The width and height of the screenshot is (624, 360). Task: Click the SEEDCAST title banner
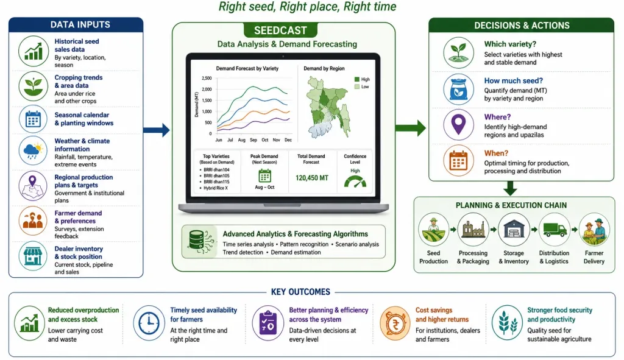click(x=280, y=30)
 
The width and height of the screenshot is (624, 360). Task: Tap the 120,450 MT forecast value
click(x=312, y=178)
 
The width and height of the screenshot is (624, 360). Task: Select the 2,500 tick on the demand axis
click(x=207, y=79)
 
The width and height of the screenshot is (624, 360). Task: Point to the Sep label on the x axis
click(x=253, y=140)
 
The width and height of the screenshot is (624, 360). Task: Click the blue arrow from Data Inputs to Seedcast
click(x=157, y=130)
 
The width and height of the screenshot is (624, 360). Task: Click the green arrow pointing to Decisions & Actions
click(x=410, y=128)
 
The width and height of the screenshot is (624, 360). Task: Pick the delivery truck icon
click(x=555, y=229)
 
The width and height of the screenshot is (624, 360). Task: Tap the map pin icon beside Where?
click(x=459, y=124)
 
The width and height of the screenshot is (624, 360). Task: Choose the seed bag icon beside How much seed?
click(x=459, y=89)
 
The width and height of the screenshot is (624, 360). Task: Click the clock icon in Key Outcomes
click(x=149, y=323)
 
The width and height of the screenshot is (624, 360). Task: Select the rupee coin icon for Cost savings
click(x=395, y=323)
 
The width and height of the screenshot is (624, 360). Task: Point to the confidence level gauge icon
click(x=355, y=183)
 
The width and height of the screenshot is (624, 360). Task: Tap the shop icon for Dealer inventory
click(x=33, y=256)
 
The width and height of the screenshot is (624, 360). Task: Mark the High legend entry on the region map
click(x=362, y=79)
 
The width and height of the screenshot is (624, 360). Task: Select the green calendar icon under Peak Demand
click(x=264, y=175)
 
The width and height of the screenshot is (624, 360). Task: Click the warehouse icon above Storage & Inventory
click(x=514, y=229)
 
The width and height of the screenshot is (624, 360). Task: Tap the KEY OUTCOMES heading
click(x=300, y=292)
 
